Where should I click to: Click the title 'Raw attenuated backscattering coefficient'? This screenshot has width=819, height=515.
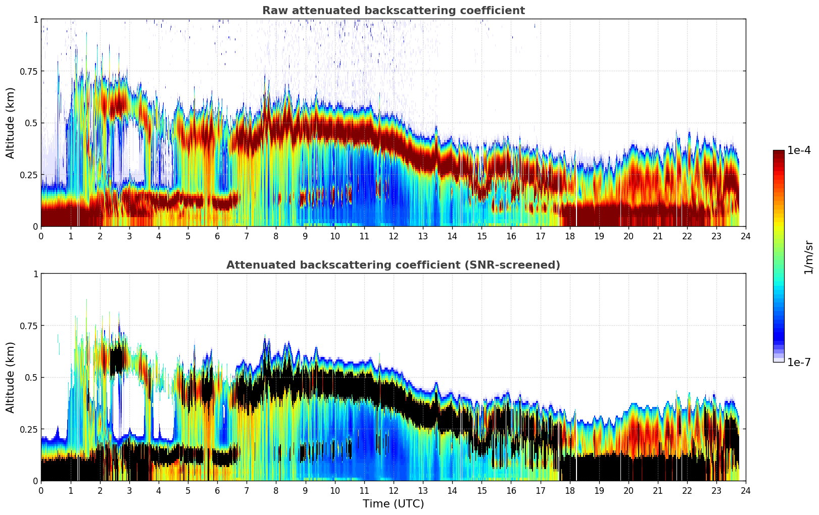click(x=393, y=11)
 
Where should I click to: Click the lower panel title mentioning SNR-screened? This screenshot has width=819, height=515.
click(x=393, y=265)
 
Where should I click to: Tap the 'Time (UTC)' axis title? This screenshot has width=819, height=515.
click(x=393, y=504)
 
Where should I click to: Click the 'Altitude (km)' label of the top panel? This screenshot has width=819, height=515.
click(x=11, y=123)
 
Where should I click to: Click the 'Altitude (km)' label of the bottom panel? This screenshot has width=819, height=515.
click(x=11, y=377)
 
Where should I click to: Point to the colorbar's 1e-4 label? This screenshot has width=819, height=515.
click(x=799, y=150)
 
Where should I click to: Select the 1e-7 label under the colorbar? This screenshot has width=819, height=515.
click(x=799, y=362)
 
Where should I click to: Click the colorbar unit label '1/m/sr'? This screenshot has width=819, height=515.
click(x=808, y=257)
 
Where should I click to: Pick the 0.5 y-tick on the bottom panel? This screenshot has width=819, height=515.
click(x=31, y=377)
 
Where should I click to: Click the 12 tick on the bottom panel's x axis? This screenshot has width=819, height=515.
click(x=393, y=491)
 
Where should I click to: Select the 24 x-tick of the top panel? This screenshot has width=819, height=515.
click(x=745, y=236)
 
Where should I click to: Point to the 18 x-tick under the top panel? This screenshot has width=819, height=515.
click(x=569, y=236)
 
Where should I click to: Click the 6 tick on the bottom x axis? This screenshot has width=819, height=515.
click(x=217, y=491)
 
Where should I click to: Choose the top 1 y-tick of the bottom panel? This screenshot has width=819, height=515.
click(x=35, y=274)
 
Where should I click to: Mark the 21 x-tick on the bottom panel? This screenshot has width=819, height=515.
click(x=657, y=491)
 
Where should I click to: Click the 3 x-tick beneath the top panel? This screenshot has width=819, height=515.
click(x=129, y=236)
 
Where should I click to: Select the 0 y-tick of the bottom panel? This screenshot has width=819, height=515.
click(x=35, y=481)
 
